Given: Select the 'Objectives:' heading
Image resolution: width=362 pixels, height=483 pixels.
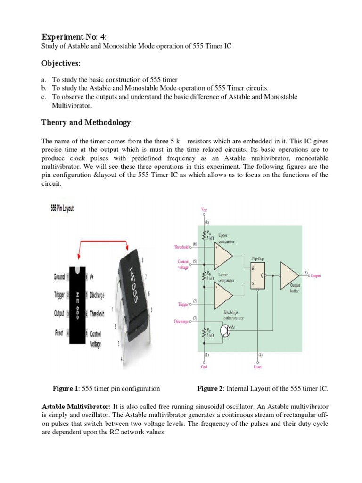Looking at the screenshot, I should coord(61,63).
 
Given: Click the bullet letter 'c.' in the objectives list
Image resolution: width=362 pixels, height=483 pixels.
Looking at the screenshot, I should coord(45,96).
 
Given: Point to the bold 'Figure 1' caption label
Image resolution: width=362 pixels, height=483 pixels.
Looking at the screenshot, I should coord(66,389).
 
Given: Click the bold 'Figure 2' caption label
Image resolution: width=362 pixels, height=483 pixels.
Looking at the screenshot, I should coord(210,389).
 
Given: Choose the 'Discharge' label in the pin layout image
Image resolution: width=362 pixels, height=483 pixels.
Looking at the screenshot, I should coord(97,296).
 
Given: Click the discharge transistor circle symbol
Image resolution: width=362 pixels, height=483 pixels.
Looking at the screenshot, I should coord(225,331).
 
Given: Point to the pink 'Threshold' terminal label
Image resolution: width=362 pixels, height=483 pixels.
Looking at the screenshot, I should coord(181,247).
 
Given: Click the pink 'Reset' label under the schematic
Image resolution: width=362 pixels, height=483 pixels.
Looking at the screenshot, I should coord(257,366).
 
